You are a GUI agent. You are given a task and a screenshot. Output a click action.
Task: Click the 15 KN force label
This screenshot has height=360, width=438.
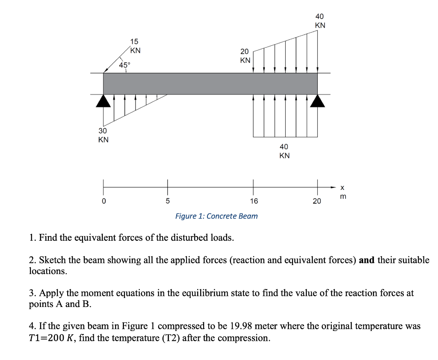135,46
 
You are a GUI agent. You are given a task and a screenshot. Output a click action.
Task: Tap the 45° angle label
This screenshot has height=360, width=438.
125,65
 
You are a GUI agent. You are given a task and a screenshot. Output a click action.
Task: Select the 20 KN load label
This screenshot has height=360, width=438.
245,56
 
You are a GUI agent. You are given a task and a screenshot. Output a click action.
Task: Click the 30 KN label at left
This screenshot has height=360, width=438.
103,135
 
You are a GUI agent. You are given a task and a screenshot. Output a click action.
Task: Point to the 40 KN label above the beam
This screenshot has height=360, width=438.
320,21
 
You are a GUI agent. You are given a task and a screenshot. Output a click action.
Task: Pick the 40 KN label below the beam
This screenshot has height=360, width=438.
284,151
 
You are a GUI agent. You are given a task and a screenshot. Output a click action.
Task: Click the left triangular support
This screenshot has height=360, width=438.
103,101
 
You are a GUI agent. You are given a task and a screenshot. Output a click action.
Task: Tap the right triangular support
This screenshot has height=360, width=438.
317,101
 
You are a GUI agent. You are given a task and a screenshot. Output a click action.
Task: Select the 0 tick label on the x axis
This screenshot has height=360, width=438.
103,201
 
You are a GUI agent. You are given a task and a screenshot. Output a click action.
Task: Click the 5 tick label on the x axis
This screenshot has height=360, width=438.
168,201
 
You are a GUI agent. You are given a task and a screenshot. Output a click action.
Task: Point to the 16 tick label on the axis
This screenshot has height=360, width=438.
254,201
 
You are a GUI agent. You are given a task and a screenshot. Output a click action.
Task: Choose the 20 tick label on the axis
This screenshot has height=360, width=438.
317,201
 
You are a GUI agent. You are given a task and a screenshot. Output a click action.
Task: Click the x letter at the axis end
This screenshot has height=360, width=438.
342,188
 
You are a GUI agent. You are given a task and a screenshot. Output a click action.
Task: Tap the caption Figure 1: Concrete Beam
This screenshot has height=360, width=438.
216,216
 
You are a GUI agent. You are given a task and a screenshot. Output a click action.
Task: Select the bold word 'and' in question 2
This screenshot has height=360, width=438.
367,260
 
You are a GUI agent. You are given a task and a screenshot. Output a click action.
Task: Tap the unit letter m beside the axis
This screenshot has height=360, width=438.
342,196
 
